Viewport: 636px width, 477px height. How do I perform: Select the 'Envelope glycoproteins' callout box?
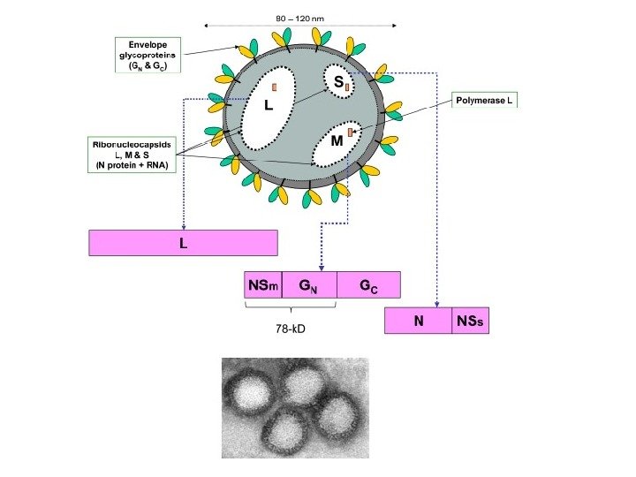pyautogui.click(x=148, y=55)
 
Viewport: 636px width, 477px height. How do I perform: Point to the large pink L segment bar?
pyautogui.click(x=183, y=243)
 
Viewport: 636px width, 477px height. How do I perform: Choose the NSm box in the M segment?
pyautogui.click(x=262, y=285)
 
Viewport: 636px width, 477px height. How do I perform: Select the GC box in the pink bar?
pyautogui.click(x=368, y=285)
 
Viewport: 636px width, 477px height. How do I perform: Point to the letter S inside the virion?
pyautogui.click(x=337, y=81)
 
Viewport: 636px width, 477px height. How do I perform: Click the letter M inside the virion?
pyautogui.click(x=336, y=141)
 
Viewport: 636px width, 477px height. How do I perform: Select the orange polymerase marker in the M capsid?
pyautogui.click(x=351, y=132)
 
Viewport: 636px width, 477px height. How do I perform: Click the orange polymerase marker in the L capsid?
pyautogui.click(x=275, y=87)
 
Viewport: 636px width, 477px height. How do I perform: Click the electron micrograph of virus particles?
pyautogui.click(x=295, y=407)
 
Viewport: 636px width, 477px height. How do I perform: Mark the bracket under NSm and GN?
pyautogui.click(x=290, y=306)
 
